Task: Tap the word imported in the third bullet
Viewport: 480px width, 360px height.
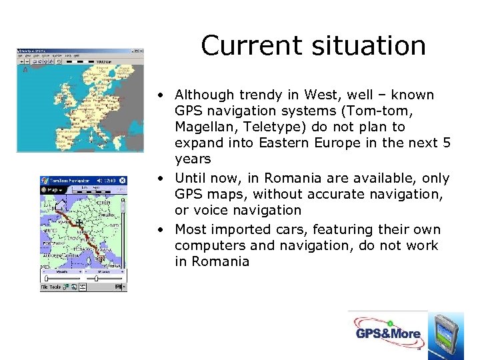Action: pos(235,229)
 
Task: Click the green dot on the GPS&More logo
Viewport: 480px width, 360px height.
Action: pos(388,322)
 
